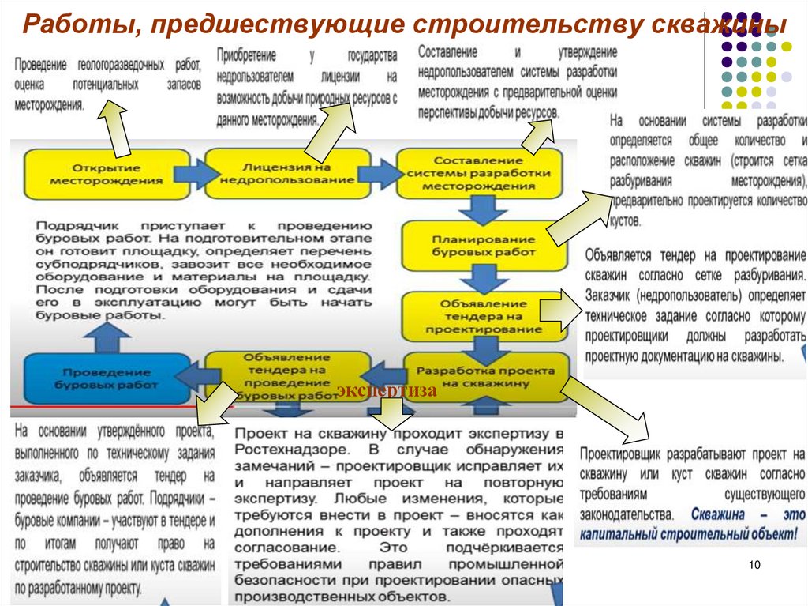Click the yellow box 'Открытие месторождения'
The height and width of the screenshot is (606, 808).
pyautogui.click(x=106, y=173)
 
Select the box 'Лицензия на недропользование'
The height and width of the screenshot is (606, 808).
pyautogui.click(x=286, y=173)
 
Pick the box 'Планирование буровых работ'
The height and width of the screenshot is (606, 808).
pyautogui.click(x=484, y=244)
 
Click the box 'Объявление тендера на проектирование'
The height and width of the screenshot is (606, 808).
pyautogui.click(x=484, y=316)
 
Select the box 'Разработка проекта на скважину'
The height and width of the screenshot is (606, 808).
pyautogui.click(x=484, y=376)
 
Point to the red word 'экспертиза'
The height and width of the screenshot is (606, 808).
pyautogui.click(x=387, y=390)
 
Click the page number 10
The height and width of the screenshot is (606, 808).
pyautogui.click(x=753, y=564)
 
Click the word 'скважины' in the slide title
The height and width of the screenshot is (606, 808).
pyautogui.click(x=718, y=24)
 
